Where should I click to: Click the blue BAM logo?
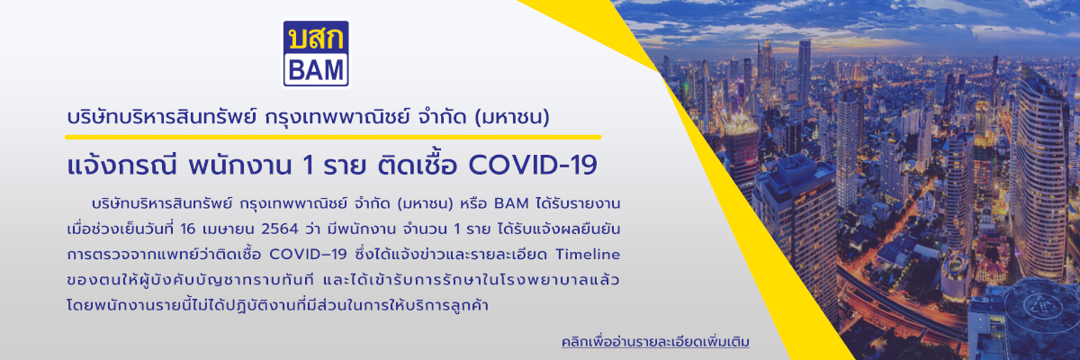click(316, 54)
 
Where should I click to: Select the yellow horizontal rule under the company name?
click(333, 138)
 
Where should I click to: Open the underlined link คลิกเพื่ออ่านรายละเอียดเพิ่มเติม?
click(654, 343)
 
